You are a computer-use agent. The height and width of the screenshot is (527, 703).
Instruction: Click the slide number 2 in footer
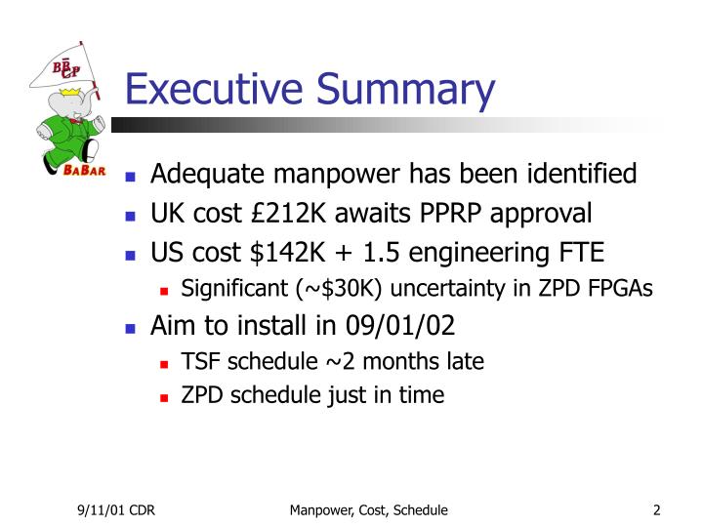tap(657, 509)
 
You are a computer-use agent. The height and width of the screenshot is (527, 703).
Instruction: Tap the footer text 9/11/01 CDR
tap(117, 509)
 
